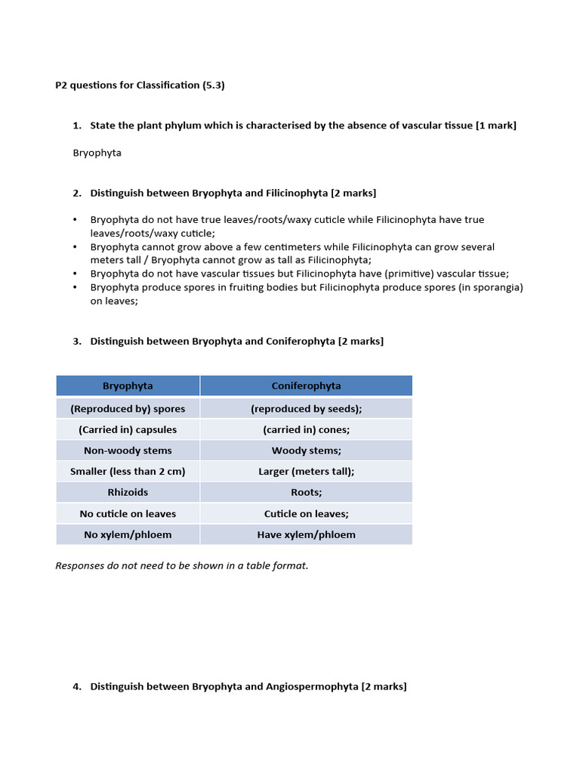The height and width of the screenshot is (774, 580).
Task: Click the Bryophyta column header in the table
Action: click(128, 385)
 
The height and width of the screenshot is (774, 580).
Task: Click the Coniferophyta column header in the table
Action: click(306, 385)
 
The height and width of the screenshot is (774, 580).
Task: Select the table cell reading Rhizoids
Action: click(128, 492)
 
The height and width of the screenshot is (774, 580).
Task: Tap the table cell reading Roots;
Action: click(306, 492)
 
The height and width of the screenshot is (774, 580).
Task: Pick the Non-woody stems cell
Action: click(128, 450)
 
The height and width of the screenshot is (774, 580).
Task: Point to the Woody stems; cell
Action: click(306, 450)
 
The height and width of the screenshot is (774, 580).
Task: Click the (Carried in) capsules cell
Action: click(128, 429)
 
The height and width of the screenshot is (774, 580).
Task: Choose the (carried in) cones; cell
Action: click(306, 429)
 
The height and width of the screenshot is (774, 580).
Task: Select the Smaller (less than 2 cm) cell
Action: click(128, 471)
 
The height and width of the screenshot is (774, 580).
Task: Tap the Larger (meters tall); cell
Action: click(306, 471)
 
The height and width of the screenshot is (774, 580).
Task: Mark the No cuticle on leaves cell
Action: click(128, 513)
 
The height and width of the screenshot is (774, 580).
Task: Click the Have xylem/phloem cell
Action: click(306, 534)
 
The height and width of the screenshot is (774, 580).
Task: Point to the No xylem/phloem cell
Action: click(128, 534)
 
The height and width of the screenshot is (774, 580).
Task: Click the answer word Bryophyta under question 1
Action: click(97, 153)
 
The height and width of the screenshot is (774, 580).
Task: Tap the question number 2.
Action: click(77, 193)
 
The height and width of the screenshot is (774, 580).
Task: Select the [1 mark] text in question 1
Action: click(495, 125)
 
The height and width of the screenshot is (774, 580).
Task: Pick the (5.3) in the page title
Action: click(213, 85)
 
